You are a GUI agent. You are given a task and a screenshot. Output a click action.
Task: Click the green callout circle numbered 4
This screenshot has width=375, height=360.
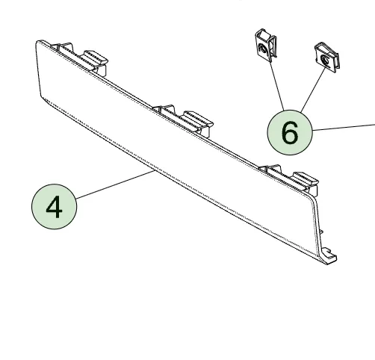click(55, 207)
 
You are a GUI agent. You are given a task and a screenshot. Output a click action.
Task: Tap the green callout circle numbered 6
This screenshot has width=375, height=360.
click(290, 132)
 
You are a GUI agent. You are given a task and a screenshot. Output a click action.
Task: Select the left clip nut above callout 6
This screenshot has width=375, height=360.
click(264, 48)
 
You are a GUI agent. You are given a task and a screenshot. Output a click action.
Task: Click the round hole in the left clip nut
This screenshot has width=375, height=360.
click(261, 50)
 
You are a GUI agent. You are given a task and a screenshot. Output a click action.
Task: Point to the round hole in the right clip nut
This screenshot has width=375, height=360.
click(323, 57)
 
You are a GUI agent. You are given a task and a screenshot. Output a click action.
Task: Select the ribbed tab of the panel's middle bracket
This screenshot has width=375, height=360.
click(196, 117)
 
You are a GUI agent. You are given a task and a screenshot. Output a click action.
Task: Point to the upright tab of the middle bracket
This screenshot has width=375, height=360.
click(164, 111)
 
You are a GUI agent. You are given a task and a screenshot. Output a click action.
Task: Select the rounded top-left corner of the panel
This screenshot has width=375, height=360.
click(40, 43)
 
